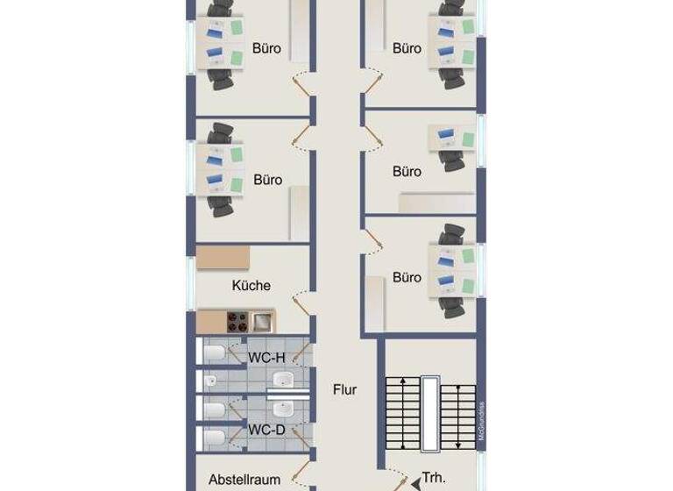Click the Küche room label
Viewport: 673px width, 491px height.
[251, 286]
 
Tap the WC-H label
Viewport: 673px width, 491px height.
[266, 358]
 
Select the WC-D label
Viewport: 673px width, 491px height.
[266, 430]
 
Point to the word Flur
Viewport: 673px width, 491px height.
[344, 389]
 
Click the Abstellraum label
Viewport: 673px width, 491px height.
[244, 480]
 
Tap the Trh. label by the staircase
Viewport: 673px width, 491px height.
[434, 479]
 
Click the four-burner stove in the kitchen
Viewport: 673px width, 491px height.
[237, 320]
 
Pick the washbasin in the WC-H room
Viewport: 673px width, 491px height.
[283, 379]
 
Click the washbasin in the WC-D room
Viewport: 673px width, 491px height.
[283, 409]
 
